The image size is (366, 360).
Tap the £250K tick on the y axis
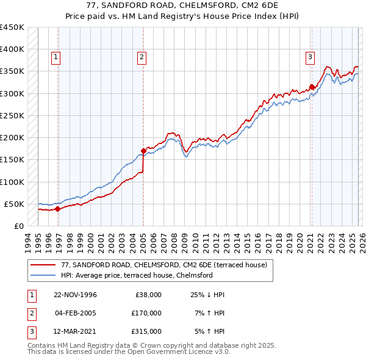point(12,115)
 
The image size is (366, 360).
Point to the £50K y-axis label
point(14,204)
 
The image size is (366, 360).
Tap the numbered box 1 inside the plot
point(56,57)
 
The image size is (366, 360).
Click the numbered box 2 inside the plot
point(142,57)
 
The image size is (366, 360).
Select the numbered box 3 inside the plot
point(310,57)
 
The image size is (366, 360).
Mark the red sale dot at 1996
point(58,209)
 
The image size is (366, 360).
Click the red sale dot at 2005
point(143,150)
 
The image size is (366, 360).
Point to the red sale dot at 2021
point(312,87)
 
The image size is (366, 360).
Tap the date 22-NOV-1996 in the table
point(76,295)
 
